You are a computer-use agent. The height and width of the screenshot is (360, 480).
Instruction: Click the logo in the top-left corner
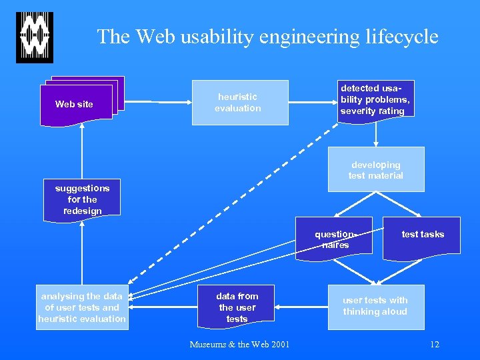click(35, 37)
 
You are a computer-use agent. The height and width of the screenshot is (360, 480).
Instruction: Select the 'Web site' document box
click(75, 104)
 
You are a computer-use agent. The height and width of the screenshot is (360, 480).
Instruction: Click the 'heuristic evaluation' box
click(240, 103)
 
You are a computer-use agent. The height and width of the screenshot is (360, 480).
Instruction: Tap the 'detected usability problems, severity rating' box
click(375, 99)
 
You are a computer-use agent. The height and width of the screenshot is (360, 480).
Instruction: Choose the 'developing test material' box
click(375, 169)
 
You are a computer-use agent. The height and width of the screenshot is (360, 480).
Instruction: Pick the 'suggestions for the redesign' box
click(82, 199)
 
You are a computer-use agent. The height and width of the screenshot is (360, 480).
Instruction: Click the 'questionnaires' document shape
click(335, 239)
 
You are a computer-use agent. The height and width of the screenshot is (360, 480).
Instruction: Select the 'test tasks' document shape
click(421, 235)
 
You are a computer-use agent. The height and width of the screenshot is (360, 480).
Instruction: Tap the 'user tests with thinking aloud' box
click(375, 307)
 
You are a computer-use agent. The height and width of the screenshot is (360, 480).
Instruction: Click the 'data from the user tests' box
click(237, 307)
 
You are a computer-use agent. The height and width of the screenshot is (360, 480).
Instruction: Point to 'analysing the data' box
click(82, 307)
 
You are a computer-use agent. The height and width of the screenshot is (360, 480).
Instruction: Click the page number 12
click(435, 345)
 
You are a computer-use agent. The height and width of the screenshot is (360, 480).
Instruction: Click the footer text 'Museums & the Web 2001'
click(239, 345)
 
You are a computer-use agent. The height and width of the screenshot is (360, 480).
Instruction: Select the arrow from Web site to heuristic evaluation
click(153, 101)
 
